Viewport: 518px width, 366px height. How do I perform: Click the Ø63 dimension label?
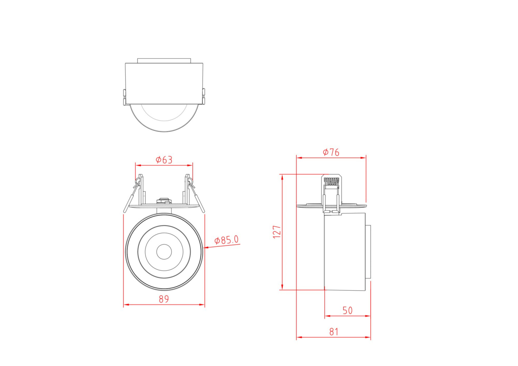[164, 160]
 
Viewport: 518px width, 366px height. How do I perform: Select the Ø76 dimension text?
[331, 152]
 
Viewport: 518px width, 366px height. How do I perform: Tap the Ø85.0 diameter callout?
[226, 240]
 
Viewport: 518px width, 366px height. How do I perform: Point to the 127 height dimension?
[277, 232]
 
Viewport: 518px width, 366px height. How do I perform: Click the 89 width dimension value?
[164, 299]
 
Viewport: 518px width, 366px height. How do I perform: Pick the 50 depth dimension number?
[347, 310]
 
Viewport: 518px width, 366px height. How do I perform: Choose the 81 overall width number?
[334, 332]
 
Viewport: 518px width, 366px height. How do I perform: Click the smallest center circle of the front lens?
[164, 252]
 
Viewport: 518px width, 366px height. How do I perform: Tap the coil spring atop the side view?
[332, 181]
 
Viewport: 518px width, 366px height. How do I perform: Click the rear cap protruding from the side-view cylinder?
[368, 252]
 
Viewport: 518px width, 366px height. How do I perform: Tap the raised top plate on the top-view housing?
[164, 61]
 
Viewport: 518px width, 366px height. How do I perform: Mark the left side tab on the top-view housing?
[124, 97]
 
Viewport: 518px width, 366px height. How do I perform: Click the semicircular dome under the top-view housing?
[164, 119]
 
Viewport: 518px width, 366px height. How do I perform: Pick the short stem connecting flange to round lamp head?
[164, 210]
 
